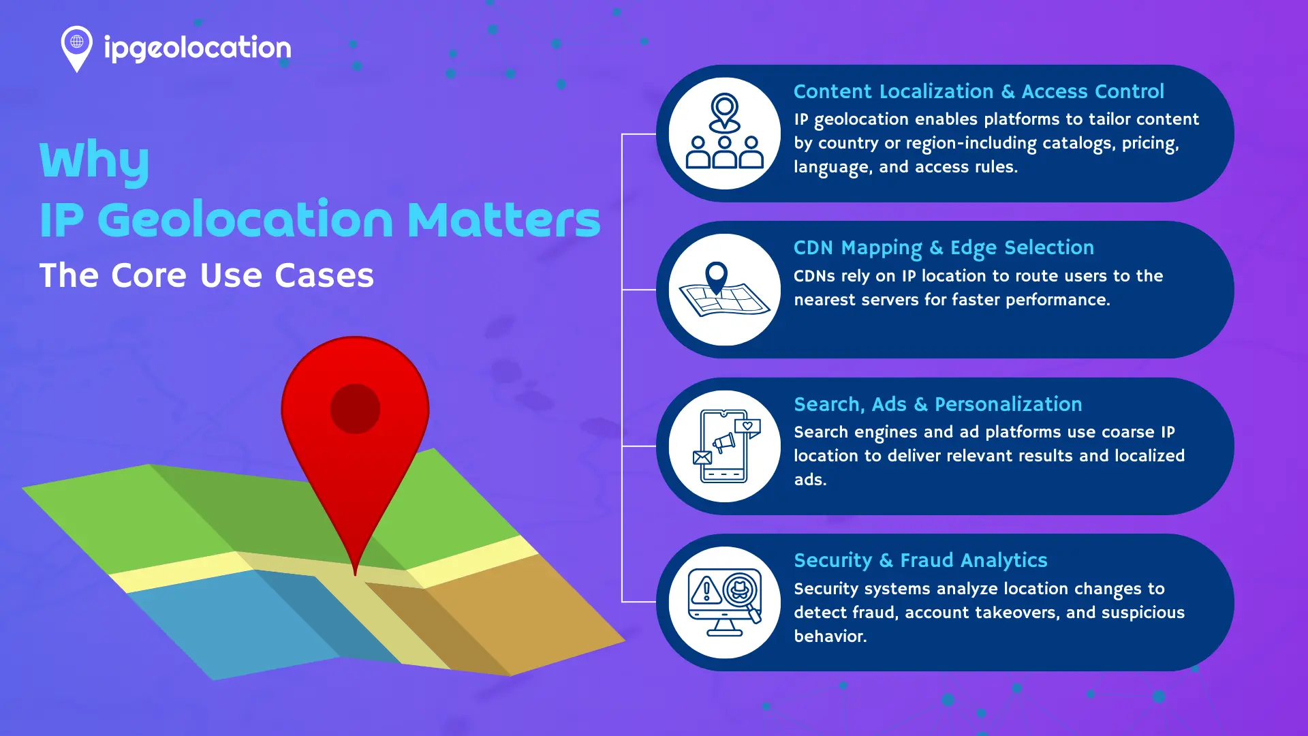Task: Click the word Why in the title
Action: click(94, 161)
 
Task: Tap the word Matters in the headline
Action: click(503, 220)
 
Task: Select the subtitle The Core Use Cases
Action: click(206, 275)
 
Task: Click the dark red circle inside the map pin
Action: click(355, 409)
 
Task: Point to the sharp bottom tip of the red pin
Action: click(355, 574)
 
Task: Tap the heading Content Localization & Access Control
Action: click(978, 91)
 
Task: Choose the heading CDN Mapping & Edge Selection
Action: click(944, 248)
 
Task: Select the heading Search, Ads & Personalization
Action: click(937, 404)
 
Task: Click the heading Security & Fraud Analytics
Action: click(920, 560)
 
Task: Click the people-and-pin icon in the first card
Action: click(724, 133)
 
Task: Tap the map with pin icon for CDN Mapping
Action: click(724, 290)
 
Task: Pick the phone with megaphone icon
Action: click(724, 446)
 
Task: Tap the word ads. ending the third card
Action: click(810, 480)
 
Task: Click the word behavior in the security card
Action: click(829, 637)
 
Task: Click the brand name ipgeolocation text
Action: click(198, 48)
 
